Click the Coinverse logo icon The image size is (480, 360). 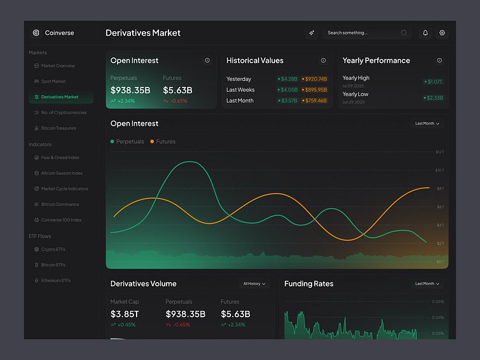click(36, 33)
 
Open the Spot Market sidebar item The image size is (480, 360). click(54, 82)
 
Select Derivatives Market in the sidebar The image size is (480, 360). click(59, 97)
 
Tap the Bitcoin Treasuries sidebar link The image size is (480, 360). click(58, 128)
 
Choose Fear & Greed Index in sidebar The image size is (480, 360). click(60, 158)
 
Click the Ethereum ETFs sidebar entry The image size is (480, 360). click(56, 280)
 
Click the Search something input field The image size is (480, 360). click(361, 33)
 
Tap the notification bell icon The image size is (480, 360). click(425, 33)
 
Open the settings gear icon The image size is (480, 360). click(442, 33)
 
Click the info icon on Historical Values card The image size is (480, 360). click(323, 61)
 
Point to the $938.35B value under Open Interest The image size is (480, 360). click(130, 90)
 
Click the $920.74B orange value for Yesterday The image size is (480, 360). click(314, 79)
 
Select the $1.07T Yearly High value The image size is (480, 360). click(434, 82)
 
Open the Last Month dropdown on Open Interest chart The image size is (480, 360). click(427, 123)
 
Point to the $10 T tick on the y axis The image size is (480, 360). click(440, 170)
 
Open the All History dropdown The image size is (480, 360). click(254, 283)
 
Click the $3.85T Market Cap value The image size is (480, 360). click(124, 314)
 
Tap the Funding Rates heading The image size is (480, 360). click(309, 283)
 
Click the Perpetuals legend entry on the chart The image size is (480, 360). click(127, 142)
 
